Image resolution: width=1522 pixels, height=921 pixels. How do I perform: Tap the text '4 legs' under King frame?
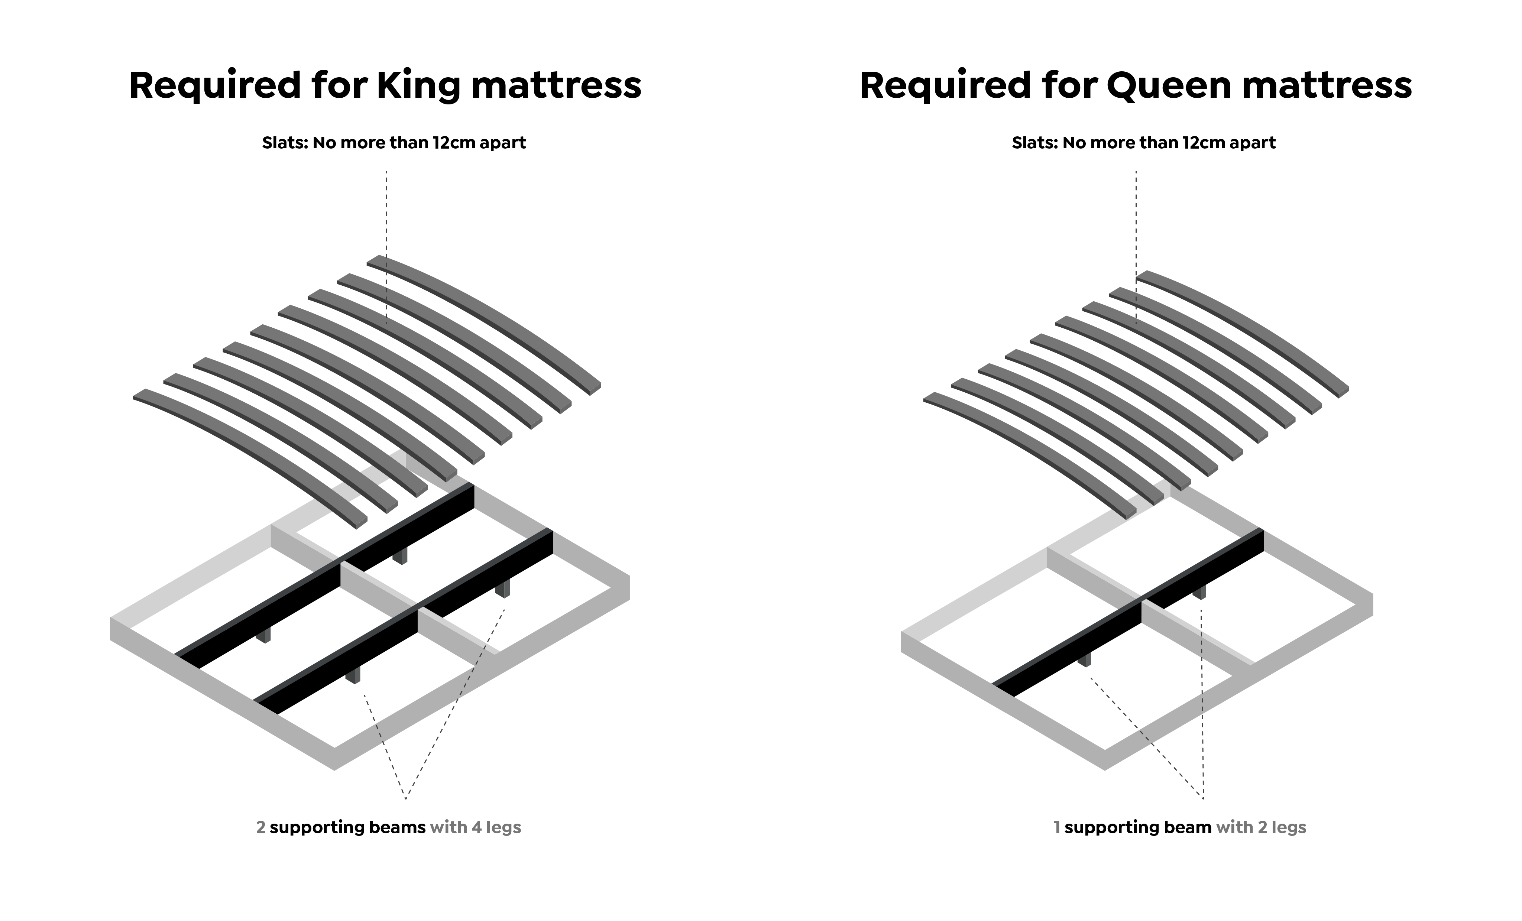[x=496, y=827]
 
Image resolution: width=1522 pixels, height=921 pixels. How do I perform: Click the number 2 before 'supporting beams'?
[x=261, y=827]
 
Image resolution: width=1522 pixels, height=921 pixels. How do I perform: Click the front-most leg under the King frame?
[x=353, y=675]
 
